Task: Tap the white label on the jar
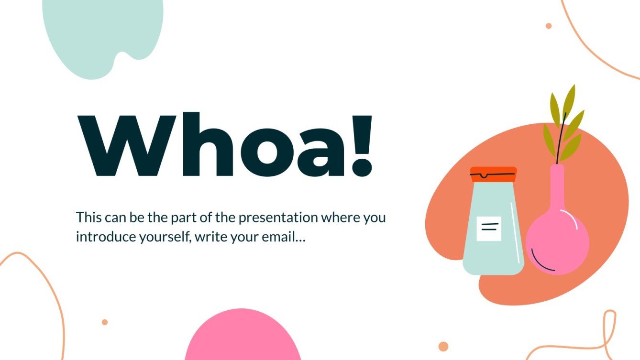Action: (489, 229)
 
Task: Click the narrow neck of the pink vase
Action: (557, 186)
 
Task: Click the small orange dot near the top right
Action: (549, 26)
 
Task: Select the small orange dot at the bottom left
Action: (105, 322)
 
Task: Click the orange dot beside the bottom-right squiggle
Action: (443, 347)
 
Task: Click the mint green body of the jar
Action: (493, 253)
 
